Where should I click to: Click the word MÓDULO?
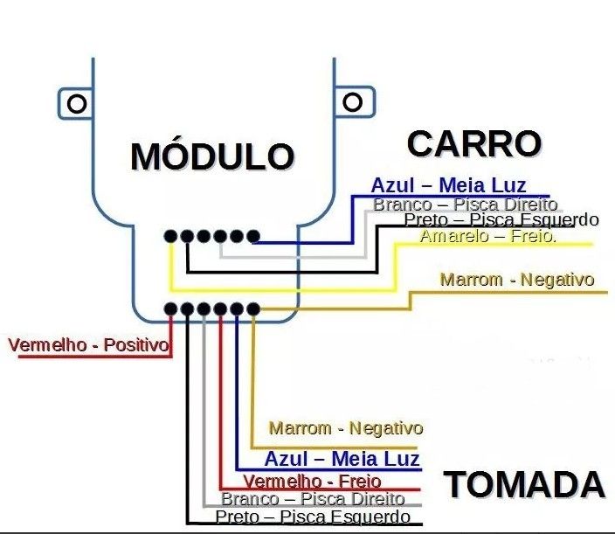pyautogui.click(x=212, y=156)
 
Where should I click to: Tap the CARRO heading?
pyautogui.click(x=474, y=144)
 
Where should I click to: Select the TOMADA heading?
pyautogui.click(x=524, y=484)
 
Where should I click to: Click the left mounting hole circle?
pyautogui.click(x=77, y=104)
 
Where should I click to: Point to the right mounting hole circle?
pyautogui.click(x=352, y=102)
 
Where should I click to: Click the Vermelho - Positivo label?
pyautogui.click(x=88, y=345)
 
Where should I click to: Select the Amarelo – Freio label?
pyautogui.click(x=488, y=236)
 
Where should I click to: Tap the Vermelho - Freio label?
pyautogui.click(x=312, y=481)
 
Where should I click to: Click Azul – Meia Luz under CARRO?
pyautogui.click(x=448, y=185)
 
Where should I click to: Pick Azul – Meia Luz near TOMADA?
pyautogui.click(x=342, y=458)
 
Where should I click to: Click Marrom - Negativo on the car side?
pyautogui.click(x=517, y=280)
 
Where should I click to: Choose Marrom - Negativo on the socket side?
pyautogui.click(x=346, y=428)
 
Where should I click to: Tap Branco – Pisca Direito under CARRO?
pyautogui.click(x=465, y=205)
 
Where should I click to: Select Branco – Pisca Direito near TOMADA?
pyautogui.click(x=313, y=499)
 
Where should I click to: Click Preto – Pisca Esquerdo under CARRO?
pyautogui.click(x=501, y=219)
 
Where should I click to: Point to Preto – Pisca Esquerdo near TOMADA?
pyautogui.click(x=313, y=517)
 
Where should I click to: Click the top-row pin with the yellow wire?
pyautogui.click(x=170, y=236)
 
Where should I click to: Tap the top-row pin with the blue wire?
pyautogui.click(x=253, y=236)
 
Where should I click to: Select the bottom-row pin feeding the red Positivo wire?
pyautogui.click(x=170, y=309)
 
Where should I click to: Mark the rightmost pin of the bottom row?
pyautogui.click(x=253, y=309)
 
